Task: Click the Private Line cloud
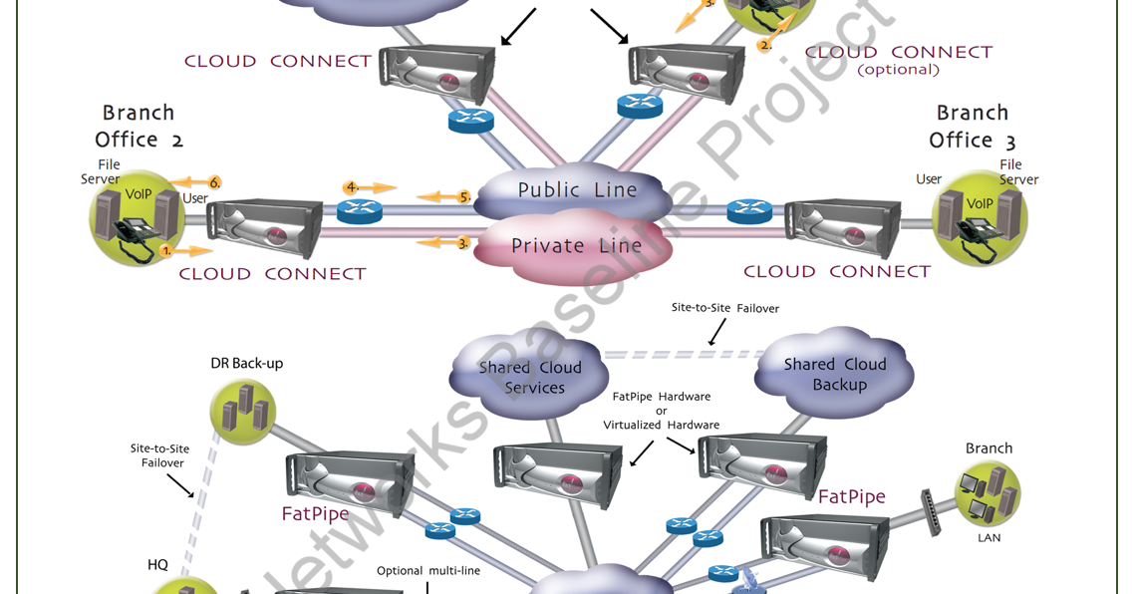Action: click(576, 246)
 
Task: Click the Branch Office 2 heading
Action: click(139, 126)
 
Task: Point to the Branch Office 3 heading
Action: click(972, 126)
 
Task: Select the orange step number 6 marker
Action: click(213, 182)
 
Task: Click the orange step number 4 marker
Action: click(351, 187)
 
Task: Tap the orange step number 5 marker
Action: click(463, 197)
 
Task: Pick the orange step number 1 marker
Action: click(166, 252)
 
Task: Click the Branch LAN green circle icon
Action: click(988, 494)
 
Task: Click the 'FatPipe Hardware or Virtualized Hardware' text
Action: click(661, 411)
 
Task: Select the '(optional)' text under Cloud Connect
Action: click(898, 70)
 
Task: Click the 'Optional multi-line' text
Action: click(427, 571)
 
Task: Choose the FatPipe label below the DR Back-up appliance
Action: click(315, 514)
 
